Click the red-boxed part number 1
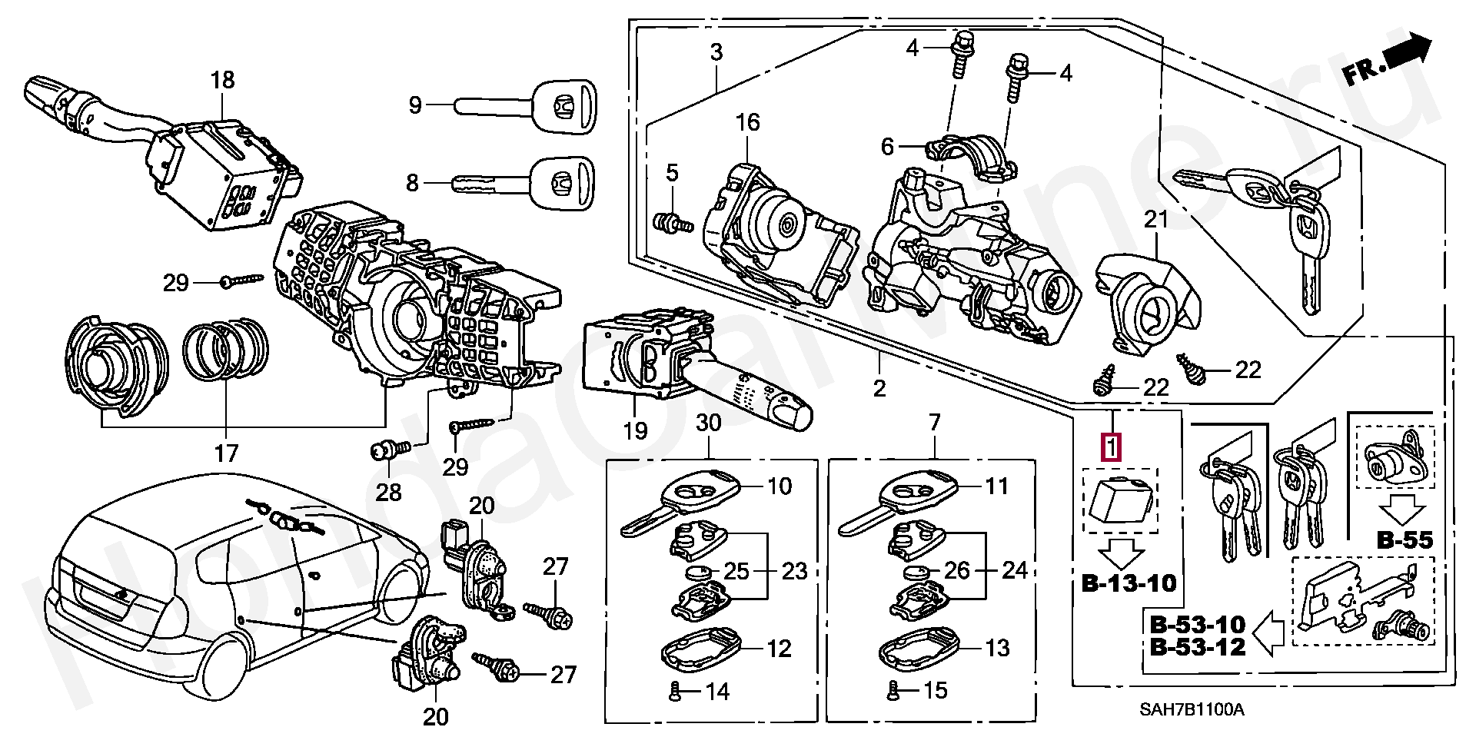point(1112,447)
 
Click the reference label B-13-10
point(1129,583)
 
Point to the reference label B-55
point(1405,540)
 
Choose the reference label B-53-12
point(1197,647)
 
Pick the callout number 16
point(747,122)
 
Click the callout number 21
point(1155,220)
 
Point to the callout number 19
point(635,430)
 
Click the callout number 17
point(226,453)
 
